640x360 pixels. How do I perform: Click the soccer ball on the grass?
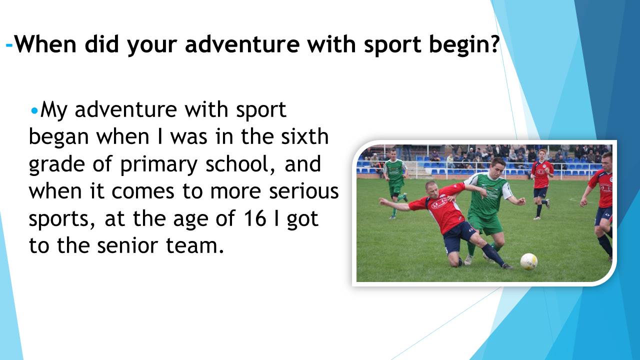[528, 261]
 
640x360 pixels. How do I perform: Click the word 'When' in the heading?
[45, 44]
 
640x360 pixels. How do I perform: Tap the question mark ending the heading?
[493, 44]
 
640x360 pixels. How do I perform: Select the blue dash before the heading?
[9, 45]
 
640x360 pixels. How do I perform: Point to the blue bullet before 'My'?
[34, 111]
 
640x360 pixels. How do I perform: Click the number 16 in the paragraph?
[255, 218]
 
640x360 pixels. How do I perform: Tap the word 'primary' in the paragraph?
[159, 165]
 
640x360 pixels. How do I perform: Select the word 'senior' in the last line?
[127, 245]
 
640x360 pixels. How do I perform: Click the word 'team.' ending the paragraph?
[194, 245]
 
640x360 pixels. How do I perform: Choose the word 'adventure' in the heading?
[242, 44]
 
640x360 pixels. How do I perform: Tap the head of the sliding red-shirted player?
[433, 189]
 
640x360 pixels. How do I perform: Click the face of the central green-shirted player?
[498, 168]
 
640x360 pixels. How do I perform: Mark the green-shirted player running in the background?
[395, 183]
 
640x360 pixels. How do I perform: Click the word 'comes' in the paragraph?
[143, 191]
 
